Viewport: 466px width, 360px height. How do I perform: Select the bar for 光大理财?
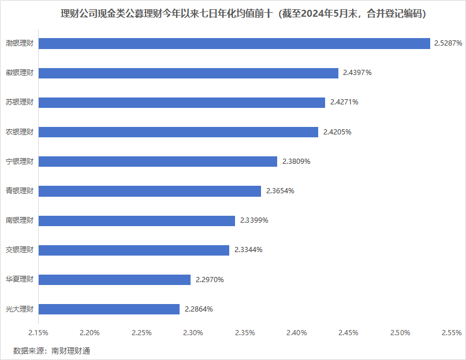[109, 309]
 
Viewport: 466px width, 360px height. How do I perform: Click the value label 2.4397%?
[357, 73]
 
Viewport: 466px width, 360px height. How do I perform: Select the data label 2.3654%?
[280, 191]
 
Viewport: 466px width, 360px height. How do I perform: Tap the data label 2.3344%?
[248, 250]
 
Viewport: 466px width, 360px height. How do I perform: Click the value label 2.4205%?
[337, 132]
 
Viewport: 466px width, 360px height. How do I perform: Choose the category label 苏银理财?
[20, 102]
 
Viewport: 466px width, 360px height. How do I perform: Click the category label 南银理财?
[20, 220]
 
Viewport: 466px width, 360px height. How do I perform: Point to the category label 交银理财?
[20, 250]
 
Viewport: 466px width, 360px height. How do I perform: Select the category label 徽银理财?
[20, 73]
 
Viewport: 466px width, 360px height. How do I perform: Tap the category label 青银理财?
[20, 191]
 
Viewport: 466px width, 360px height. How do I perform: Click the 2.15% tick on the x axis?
[38, 333]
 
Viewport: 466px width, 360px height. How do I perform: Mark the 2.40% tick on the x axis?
[296, 333]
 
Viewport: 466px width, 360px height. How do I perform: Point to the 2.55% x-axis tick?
[451, 333]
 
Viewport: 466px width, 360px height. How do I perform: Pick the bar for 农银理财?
[178, 132]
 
